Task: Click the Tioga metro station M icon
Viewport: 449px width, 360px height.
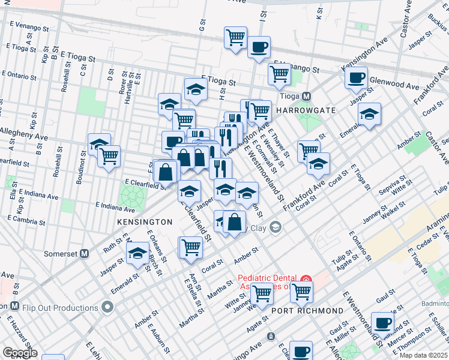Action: [306, 97]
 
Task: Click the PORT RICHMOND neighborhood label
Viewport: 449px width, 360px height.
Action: [307, 311]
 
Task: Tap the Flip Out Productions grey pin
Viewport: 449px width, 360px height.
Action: [108, 308]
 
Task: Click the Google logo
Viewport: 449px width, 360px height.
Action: [20, 353]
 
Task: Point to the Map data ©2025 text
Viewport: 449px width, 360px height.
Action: [423, 355]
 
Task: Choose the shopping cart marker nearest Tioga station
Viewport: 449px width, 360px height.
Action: [279, 74]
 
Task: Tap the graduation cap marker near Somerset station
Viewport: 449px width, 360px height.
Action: [137, 254]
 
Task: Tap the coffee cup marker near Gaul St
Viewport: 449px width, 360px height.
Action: [382, 323]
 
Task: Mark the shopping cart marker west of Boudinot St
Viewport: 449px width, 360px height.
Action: [109, 157]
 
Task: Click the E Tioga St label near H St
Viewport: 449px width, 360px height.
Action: [218, 80]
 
